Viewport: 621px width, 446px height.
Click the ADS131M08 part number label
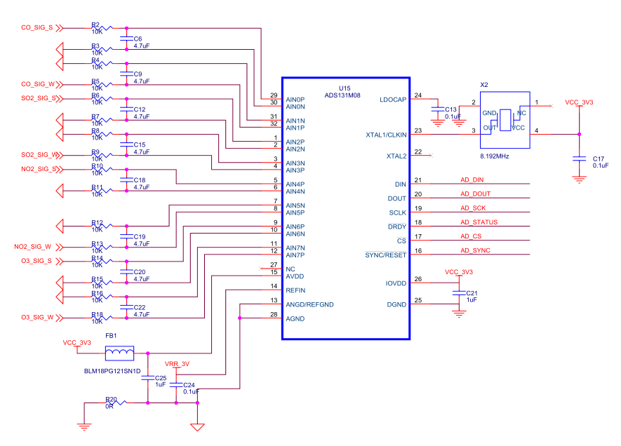(x=343, y=95)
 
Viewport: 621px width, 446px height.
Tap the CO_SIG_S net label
(x=36, y=28)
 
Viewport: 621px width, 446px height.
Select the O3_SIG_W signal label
(x=37, y=318)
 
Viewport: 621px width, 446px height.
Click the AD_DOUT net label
(x=476, y=194)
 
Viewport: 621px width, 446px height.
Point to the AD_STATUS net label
(x=479, y=222)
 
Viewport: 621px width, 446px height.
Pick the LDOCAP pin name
(x=393, y=100)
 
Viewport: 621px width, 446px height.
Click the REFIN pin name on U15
(x=295, y=290)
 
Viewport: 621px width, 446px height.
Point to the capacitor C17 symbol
(x=579, y=159)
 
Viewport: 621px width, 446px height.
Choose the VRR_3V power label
(x=177, y=364)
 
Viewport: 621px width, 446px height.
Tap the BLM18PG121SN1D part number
(x=112, y=370)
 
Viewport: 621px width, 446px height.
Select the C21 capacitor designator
(x=472, y=293)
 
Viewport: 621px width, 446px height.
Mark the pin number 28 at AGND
(x=274, y=314)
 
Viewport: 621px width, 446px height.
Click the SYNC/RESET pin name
(x=385, y=255)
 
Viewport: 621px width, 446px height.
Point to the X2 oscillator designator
(x=484, y=84)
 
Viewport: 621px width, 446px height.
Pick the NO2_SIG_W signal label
(x=32, y=247)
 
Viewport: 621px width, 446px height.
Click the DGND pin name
(x=396, y=304)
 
